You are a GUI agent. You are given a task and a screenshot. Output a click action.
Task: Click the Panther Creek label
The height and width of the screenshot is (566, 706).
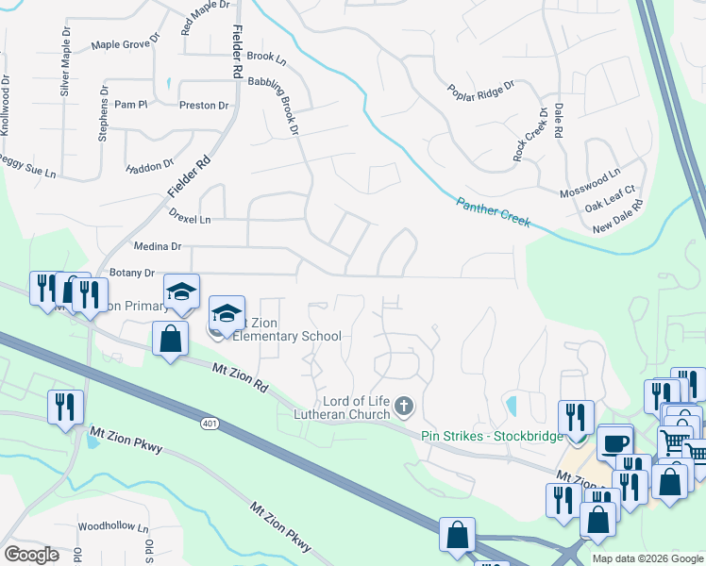(x=494, y=213)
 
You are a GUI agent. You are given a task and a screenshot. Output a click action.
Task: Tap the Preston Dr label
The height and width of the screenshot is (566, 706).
(x=204, y=106)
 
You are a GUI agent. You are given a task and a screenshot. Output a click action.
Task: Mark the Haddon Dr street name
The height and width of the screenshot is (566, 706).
(x=144, y=169)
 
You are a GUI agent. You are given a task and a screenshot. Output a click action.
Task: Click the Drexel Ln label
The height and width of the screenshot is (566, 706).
(x=190, y=218)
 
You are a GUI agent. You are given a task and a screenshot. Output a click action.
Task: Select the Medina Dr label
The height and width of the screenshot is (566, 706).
(x=159, y=246)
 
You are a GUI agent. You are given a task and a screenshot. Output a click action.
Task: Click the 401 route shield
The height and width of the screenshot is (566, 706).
(x=210, y=424)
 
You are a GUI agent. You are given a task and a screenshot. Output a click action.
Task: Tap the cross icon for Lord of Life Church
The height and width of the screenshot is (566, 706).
(x=404, y=406)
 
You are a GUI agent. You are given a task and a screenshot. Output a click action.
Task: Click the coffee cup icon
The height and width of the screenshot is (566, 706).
(x=615, y=442)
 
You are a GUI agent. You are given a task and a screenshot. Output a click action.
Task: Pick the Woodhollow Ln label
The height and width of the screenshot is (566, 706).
(x=113, y=526)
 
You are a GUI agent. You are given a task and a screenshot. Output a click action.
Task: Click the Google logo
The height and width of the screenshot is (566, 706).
(x=31, y=555)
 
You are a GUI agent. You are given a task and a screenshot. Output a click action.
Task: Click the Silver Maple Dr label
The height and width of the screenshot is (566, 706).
(x=65, y=69)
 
